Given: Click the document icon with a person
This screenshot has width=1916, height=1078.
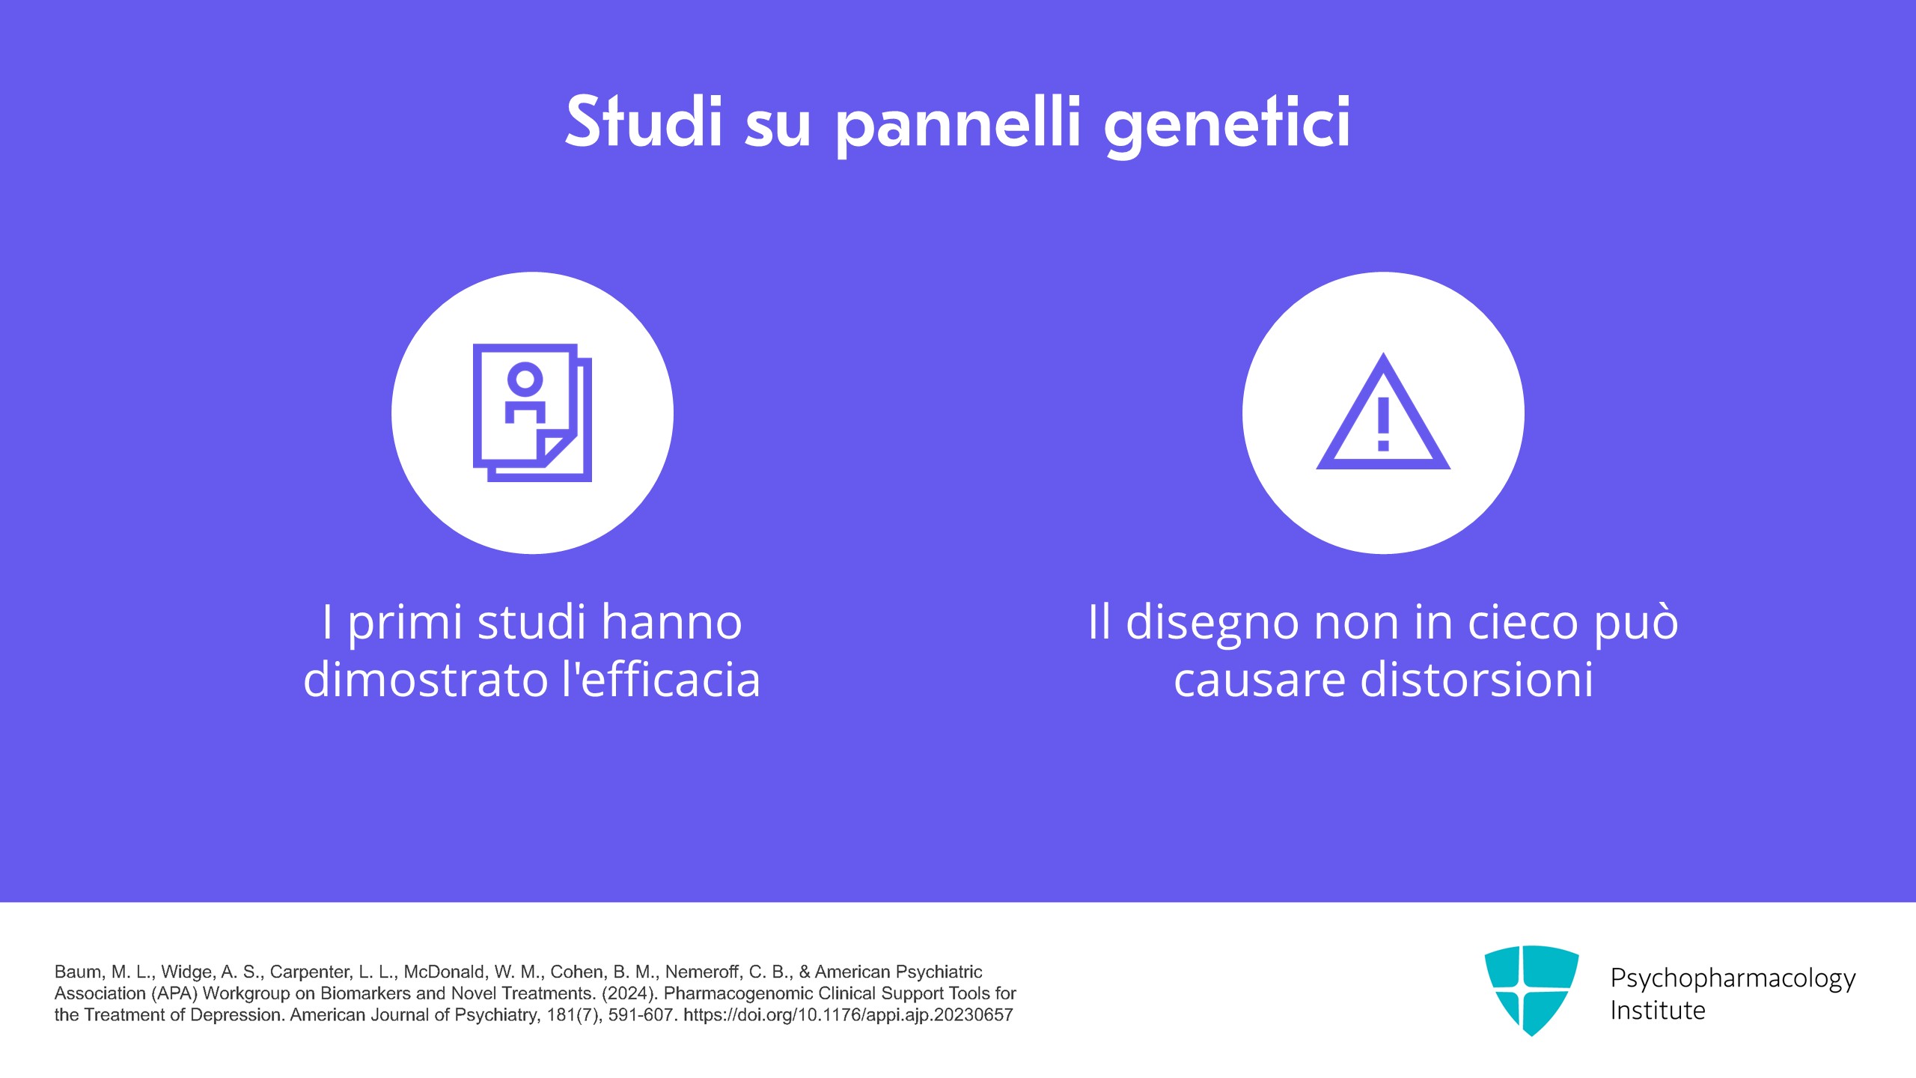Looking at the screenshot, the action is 532,412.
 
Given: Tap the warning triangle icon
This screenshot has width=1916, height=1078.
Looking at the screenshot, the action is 1383,412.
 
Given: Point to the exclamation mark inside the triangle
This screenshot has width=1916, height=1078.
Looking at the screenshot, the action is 1383,424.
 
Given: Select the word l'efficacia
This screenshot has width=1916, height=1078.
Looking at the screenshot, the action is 661,679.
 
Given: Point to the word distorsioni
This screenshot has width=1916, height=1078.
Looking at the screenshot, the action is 1477,679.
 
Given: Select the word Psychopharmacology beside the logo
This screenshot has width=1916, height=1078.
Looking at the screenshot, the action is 1733,978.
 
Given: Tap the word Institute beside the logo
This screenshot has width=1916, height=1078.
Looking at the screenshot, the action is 1658,1011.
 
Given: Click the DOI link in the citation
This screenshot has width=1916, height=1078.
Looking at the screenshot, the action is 848,1015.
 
